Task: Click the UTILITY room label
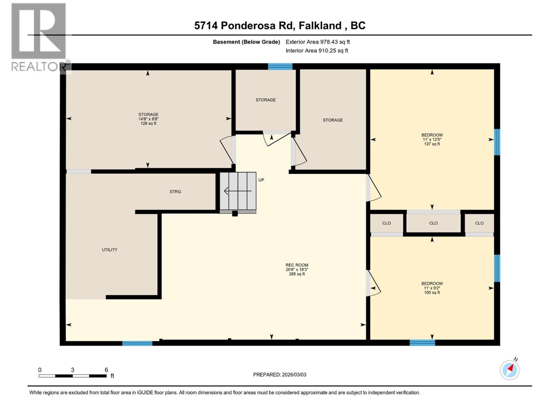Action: point(110,250)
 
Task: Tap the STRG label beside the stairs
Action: point(175,191)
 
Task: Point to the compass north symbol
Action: point(510,370)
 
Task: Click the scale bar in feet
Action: point(72,376)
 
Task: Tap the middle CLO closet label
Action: point(433,223)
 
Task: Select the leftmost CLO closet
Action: point(386,223)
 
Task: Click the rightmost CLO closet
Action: point(479,223)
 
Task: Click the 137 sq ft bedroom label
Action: point(432,139)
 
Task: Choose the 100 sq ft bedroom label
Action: point(432,288)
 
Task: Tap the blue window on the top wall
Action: point(280,66)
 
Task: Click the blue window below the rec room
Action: point(137,343)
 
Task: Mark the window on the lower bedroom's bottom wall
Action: point(422,343)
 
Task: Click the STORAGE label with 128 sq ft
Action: point(148,119)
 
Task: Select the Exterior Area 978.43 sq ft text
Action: point(317,42)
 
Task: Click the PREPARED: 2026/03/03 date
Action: point(280,374)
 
